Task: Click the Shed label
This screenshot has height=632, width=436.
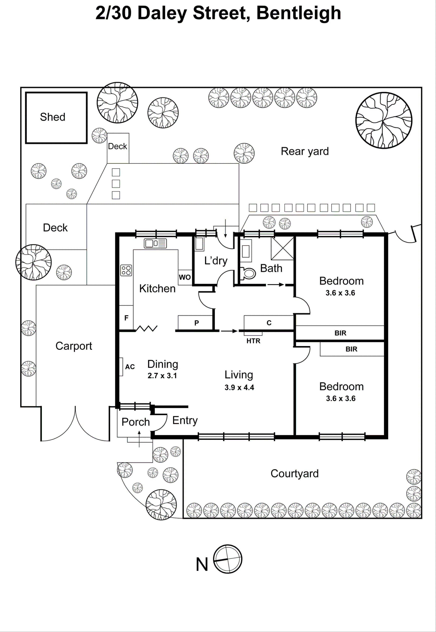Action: coord(52,117)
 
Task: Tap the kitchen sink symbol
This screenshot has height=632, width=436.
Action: coord(155,243)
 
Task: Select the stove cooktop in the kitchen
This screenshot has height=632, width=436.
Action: coord(126,270)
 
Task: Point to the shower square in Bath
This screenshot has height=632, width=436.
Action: coord(282,248)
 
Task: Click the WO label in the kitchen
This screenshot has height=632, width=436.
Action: coord(185,277)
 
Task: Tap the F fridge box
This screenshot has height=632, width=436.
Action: coord(126,318)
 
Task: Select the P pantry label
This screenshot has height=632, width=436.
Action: coord(196,323)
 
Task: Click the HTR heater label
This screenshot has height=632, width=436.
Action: coord(253,341)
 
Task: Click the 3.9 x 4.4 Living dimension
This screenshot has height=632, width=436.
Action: coord(239,387)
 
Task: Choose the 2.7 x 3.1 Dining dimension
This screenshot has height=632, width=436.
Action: coord(162,376)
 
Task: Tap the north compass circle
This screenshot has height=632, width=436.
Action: coord(227,559)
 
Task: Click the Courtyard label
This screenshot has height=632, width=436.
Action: coord(294,473)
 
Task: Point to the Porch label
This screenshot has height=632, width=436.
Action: coord(136,422)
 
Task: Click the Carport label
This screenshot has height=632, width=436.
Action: coord(74,346)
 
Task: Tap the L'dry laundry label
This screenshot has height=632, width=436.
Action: coord(216,261)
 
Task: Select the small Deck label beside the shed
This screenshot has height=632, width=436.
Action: coord(118,146)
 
